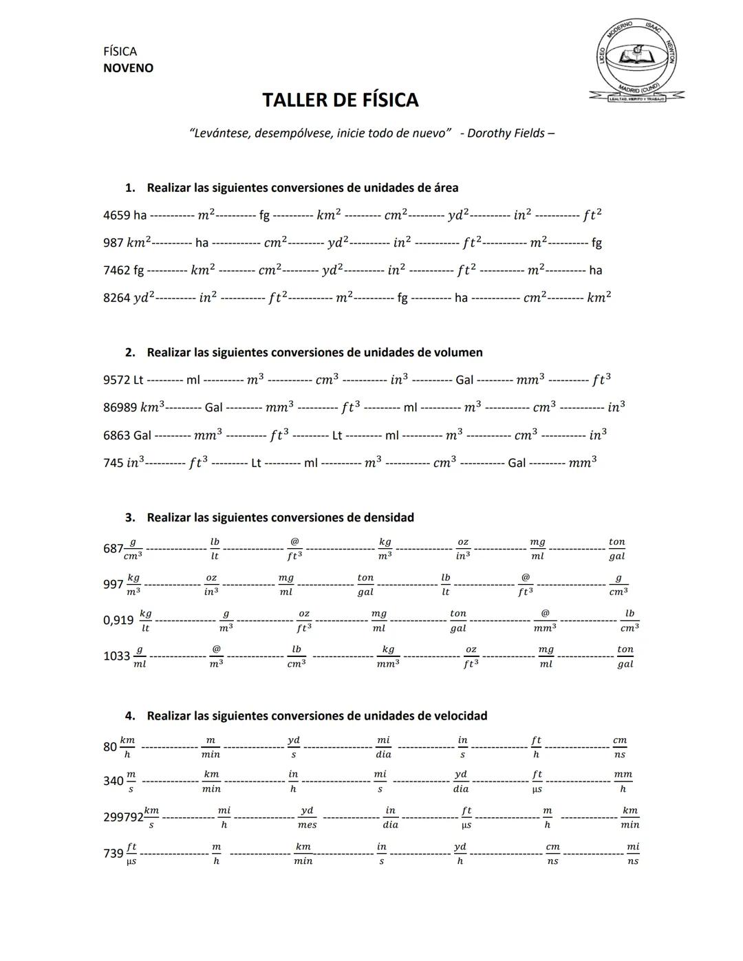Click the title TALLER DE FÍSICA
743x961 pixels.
point(340,100)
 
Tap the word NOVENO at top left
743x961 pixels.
point(128,68)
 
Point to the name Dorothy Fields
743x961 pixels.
point(506,133)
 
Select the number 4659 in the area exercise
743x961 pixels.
point(116,215)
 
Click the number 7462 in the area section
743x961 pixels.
point(116,270)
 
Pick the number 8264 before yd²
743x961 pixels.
point(116,298)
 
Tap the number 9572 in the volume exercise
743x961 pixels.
point(116,380)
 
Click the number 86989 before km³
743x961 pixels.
point(120,407)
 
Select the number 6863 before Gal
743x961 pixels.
point(116,435)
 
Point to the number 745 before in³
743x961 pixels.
point(114,463)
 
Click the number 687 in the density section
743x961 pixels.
point(113,549)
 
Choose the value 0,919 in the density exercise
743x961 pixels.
point(118,620)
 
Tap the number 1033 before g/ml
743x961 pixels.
point(116,656)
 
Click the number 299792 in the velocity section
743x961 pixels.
point(123,817)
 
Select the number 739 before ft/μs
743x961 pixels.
point(113,854)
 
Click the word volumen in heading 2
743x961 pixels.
point(458,353)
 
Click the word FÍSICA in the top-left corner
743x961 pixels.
point(120,52)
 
